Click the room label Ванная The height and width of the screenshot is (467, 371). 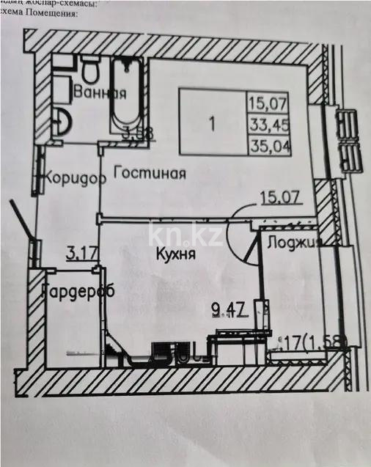pyautogui.click(x=101, y=93)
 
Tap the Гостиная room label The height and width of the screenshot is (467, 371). pyautogui.click(x=148, y=174)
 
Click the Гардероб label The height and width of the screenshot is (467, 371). pyautogui.click(x=78, y=289)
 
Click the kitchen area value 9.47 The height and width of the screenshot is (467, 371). pyautogui.click(x=227, y=308)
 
